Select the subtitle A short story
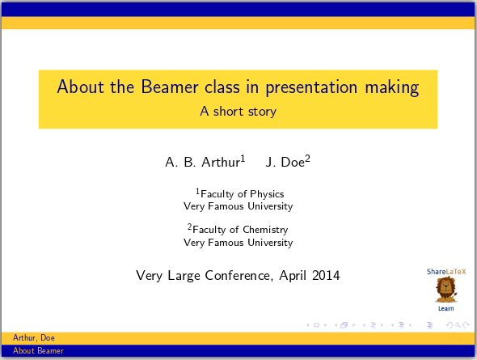coord(238,112)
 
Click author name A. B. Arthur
coord(202,163)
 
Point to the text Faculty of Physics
coord(242,194)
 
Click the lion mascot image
coord(445,289)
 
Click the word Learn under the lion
coord(445,308)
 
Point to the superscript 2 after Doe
coord(308,159)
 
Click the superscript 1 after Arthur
coord(243,159)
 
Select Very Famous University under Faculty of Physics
coord(238,206)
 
